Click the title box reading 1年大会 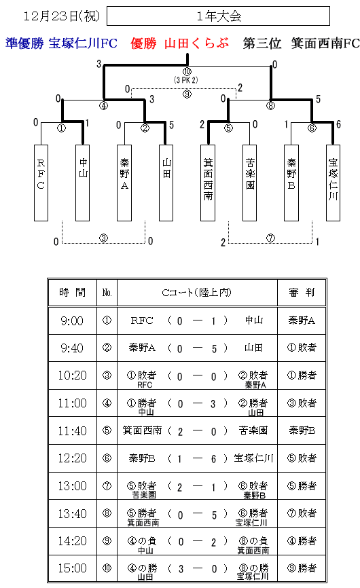218,16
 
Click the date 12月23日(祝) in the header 62,16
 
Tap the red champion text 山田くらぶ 196,43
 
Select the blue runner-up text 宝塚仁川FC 83,43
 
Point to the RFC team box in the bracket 41,183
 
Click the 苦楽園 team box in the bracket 249,183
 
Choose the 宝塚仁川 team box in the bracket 333,183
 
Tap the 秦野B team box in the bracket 291,183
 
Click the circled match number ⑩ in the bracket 187,71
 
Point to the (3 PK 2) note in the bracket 186,80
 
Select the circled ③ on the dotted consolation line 103,238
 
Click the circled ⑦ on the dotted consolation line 270,238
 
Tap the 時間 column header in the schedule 73,293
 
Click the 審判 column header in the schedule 302,293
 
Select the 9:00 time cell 72,321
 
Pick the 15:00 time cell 72,568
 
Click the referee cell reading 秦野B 302,430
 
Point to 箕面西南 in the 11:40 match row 142,430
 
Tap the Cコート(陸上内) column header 196,293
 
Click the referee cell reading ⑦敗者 302,513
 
